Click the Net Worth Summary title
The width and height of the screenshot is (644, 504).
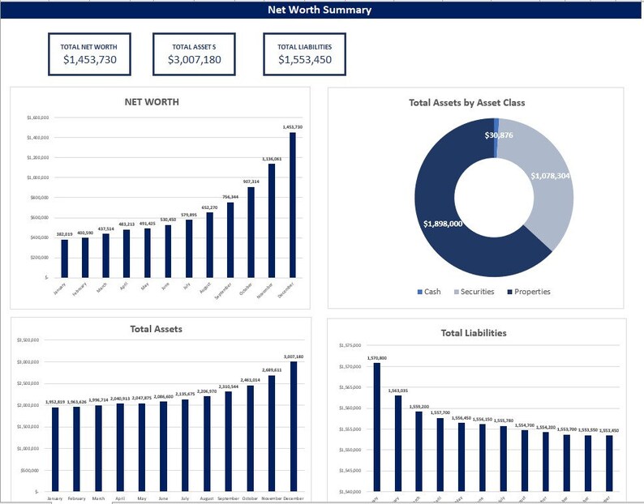click(x=320, y=11)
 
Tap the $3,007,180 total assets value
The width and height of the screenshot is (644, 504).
click(x=194, y=60)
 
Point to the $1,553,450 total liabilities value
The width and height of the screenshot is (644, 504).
click(x=305, y=60)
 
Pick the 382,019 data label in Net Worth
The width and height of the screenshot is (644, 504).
click(x=64, y=233)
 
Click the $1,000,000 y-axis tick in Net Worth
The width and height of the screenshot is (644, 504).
click(x=38, y=177)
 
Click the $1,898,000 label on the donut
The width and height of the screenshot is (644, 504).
click(x=443, y=224)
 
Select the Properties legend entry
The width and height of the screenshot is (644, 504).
click(x=532, y=292)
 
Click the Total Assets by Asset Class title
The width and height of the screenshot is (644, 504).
click(x=466, y=103)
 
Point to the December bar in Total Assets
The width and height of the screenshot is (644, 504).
click(x=294, y=425)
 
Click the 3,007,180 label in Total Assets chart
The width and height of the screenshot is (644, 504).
click(x=294, y=357)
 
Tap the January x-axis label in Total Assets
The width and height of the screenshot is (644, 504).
click(x=54, y=499)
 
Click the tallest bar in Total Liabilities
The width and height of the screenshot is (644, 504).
click(x=376, y=426)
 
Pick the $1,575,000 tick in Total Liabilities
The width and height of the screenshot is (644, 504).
click(x=350, y=346)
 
